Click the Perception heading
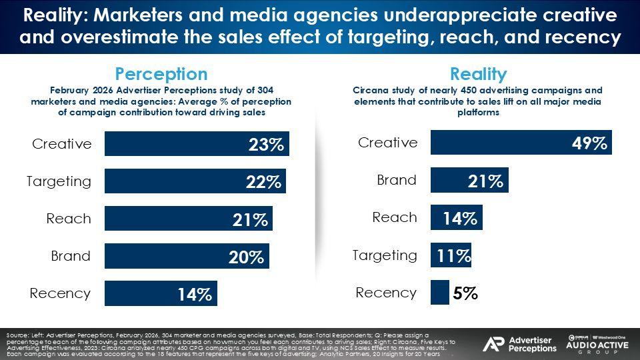point(161,73)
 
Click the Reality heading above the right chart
point(478,73)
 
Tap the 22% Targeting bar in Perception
point(195,181)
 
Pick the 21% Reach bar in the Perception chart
point(188,219)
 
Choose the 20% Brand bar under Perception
point(187,256)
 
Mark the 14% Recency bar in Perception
point(161,293)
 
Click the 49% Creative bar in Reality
point(521,143)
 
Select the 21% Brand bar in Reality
point(469,180)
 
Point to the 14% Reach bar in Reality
point(456,217)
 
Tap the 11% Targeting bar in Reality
point(451,255)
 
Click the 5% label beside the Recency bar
point(465,293)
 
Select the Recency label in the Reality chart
point(386,293)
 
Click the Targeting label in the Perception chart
point(59,181)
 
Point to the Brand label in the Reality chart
point(397,180)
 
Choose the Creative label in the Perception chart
point(62,144)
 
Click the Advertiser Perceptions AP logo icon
point(493,344)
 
